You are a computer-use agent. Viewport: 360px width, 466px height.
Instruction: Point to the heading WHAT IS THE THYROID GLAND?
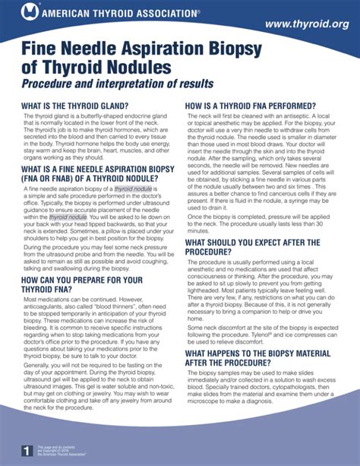pos(75,105)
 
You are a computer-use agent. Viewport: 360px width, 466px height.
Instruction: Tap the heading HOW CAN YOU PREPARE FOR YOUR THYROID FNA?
pos(82,285)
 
